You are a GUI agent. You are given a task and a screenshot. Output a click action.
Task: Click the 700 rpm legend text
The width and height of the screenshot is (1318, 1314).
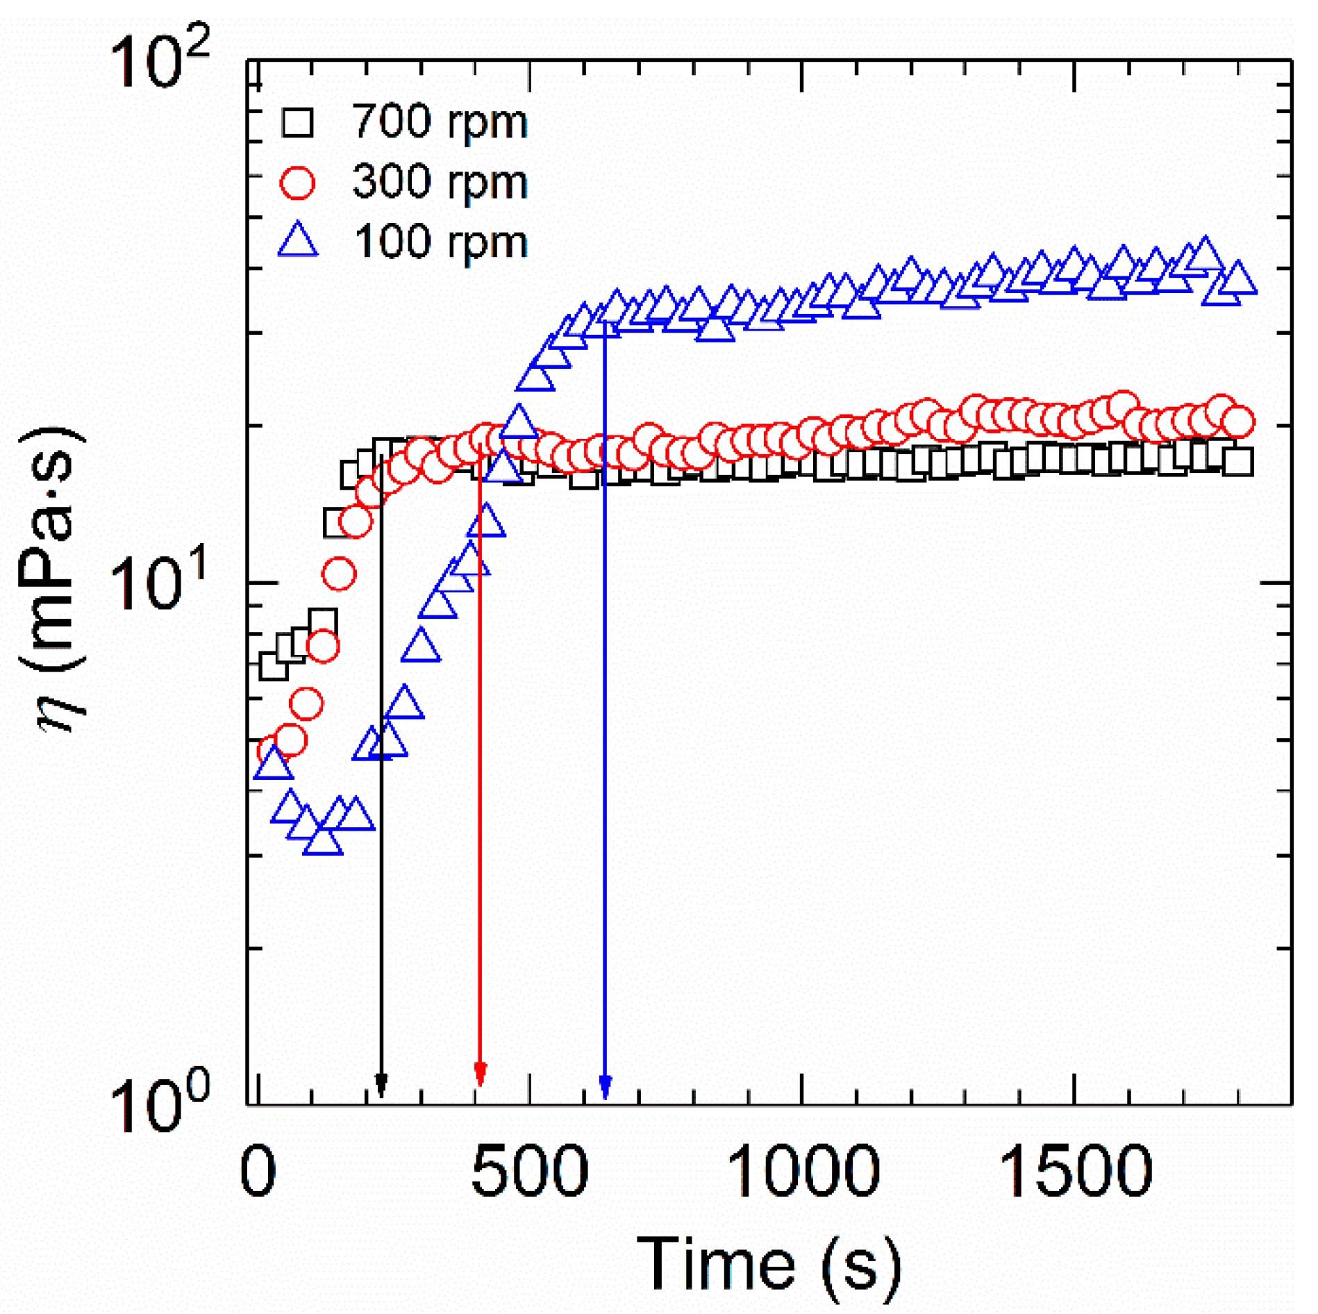tap(440, 122)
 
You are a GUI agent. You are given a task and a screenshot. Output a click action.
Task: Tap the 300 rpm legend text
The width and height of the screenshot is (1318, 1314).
tap(440, 182)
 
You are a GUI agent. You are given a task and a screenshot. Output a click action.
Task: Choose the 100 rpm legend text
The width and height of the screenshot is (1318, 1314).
tap(440, 242)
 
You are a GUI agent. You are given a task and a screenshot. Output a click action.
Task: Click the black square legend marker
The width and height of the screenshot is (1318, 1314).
tap(297, 122)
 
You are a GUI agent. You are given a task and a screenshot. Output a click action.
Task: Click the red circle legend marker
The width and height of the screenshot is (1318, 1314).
tap(297, 183)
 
